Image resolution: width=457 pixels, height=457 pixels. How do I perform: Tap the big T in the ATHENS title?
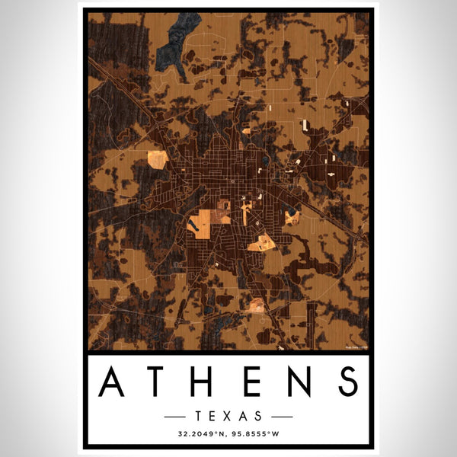(x=160, y=382)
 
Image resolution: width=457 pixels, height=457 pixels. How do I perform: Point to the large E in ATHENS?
(x=251, y=382)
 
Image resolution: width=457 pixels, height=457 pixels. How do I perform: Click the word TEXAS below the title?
(x=228, y=416)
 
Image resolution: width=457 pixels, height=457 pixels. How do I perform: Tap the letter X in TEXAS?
(x=228, y=416)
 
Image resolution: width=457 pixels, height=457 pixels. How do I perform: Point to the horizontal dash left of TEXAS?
(x=179, y=417)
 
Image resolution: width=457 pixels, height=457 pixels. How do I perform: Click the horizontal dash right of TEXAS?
(x=278, y=417)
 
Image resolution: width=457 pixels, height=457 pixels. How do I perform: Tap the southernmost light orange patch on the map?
(x=257, y=305)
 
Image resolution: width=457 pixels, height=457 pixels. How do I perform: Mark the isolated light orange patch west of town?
(x=156, y=159)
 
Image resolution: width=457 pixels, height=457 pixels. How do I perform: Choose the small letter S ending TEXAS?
(x=260, y=416)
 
